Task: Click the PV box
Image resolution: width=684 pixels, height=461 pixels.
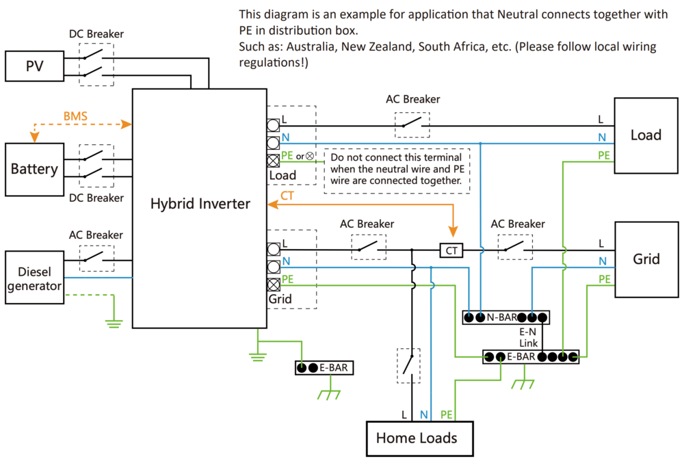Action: pyautogui.click(x=34, y=66)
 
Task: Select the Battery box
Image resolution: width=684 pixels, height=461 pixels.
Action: pyautogui.click(x=34, y=169)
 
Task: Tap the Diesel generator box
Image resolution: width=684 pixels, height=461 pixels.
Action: pyautogui.click(x=34, y=277)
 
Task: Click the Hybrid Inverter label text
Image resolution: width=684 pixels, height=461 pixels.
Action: pyautogui.click(x=200, y=204)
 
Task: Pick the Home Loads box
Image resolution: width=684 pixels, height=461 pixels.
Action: pyautogui.click(x=417, y=438)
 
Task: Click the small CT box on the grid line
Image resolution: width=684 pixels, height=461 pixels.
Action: pyautogui.click(x=451, y=251)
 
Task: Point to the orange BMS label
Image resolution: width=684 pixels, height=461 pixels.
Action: pyautogui.click(x=75, y=116)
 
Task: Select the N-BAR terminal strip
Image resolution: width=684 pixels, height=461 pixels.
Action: pyautogui.click(x=506, y=318)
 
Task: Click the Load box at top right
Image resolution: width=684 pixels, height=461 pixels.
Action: pyautogui.click(x=646, y=135)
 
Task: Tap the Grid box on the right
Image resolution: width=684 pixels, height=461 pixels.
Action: pyautogui.click(x=646, y=259)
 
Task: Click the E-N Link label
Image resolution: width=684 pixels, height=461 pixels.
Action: pyautogui.click(x=529, y=337)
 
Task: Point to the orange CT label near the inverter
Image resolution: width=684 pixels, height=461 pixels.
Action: pyautogui.click(x=288, y=196)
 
